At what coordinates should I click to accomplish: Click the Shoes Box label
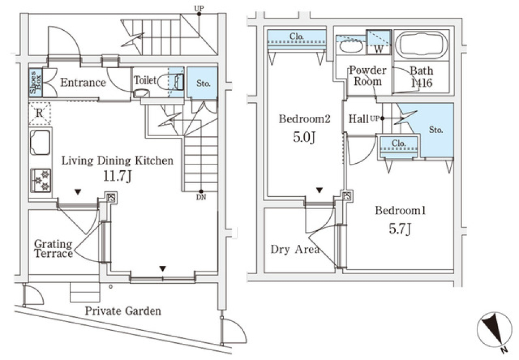[34, 83]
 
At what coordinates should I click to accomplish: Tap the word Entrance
[83, 83]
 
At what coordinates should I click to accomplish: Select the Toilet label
[145, 80]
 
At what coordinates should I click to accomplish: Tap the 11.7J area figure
[117, 178]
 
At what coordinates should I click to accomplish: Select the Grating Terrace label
[53, 249]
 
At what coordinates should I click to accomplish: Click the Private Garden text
[123, 311]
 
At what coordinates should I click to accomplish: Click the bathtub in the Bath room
[422, 44]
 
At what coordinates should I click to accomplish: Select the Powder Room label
[368, 76]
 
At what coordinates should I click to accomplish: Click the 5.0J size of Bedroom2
[304, 137]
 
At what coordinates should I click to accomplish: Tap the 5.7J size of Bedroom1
[401, 229]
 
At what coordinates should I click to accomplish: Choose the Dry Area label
[295, 250]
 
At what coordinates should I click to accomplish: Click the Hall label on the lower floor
[359, 118]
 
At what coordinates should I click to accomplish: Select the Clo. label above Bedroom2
[296, 37]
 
